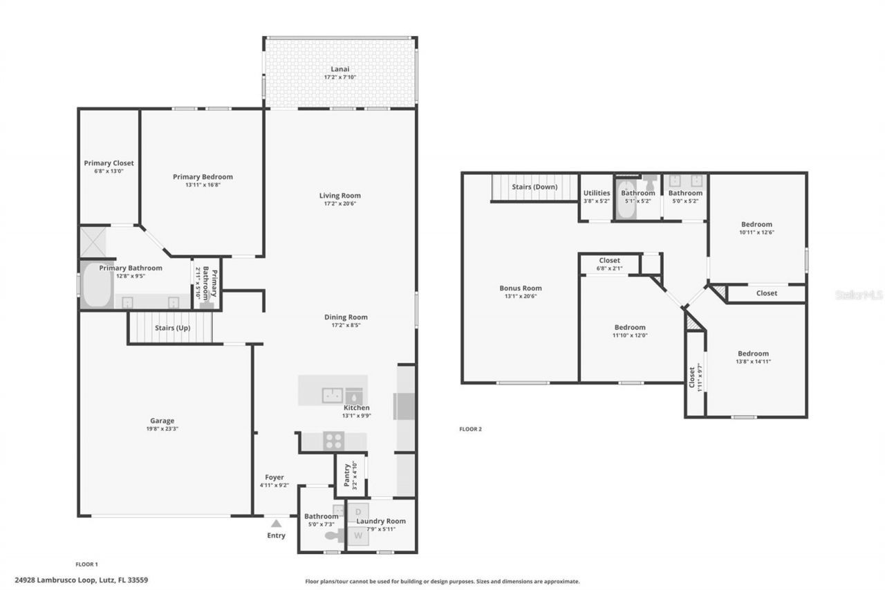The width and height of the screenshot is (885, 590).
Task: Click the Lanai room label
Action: point(339,68)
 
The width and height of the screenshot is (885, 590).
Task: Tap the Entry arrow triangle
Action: point(275,524)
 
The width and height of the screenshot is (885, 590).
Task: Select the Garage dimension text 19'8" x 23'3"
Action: point(162,429)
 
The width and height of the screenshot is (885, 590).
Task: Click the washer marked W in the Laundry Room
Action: point(358,535)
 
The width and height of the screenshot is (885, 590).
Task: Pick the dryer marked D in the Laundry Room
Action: point(358,512)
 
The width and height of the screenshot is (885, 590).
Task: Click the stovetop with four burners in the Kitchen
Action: point(334,441)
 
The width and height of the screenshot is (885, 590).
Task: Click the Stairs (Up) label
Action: point(172,328)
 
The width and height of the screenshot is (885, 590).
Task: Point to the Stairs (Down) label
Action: point(534,187)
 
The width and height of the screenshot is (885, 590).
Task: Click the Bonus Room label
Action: point(521,288)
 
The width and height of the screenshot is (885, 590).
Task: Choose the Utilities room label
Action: point(597,193)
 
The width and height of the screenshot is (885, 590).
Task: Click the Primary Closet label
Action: point(109,163)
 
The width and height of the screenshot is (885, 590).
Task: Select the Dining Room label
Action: point(346,317)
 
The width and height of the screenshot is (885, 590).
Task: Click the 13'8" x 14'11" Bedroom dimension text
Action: point(752,362)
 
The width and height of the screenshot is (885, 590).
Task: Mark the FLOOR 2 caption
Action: point(470,429)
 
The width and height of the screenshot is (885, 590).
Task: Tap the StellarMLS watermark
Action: point(858,295)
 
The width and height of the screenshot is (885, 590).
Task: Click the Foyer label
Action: point(274,477)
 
